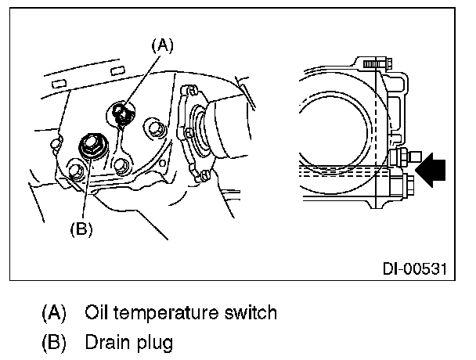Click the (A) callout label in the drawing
click(162, 46)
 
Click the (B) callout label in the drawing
click(81, 229)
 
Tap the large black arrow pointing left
click(431, 170)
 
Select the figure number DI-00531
click(414, 269)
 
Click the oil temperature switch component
click(122, 113)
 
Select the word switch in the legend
click(251, 312)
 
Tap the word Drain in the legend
click(108, 342)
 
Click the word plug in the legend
click(155, 344)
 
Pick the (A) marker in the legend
click(54, 312)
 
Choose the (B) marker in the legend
click(54, 343)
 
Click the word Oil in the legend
click(96, 312)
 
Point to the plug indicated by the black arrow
click(404, 157)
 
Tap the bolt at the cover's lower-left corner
click(75, 171)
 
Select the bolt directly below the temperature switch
click(121, 165)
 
